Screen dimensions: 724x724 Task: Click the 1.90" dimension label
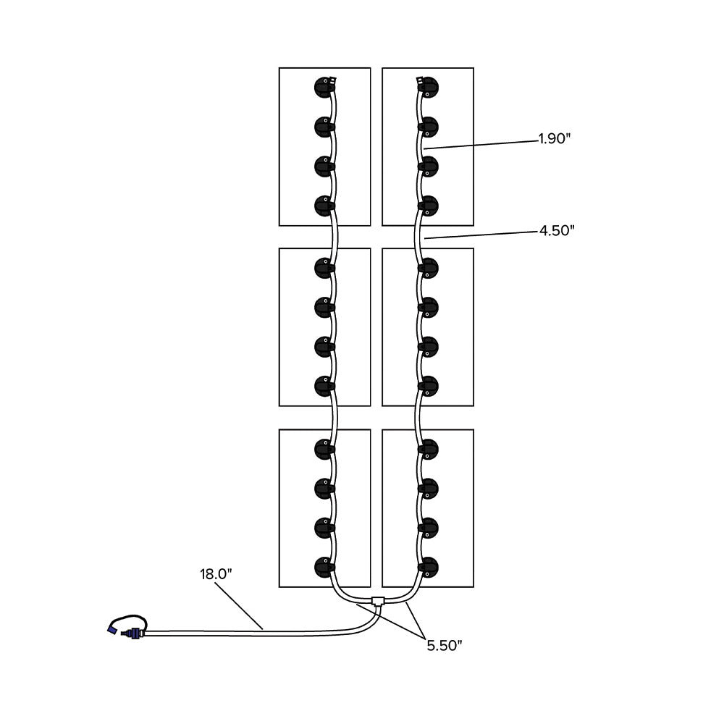click(555, 139)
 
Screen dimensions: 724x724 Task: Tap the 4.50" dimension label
click(556, 231)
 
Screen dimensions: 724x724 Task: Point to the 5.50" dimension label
click(443, 646)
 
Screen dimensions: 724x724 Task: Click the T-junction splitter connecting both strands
click(376, 600)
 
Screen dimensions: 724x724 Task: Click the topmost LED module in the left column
click(324, 88)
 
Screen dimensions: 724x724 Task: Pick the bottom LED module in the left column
click(324, 565)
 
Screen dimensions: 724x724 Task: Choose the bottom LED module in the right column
click(429, 565)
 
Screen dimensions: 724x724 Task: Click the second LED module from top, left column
click(324, 127)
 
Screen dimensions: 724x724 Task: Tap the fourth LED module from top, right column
click(429, 206)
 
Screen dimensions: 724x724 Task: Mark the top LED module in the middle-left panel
click(324, 268)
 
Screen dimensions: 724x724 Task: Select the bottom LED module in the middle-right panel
click(429, 386)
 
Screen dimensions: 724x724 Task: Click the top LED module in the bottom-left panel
click(324, 449)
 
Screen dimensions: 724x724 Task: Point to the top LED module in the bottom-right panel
click(429, 449)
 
